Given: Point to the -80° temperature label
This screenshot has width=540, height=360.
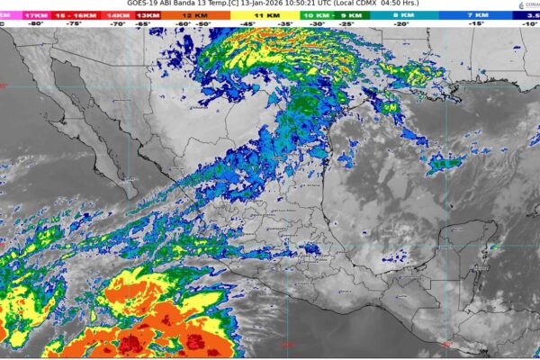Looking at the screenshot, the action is [x=37, y=25].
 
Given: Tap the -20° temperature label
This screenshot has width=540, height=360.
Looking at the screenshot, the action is [x=400, y=25].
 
